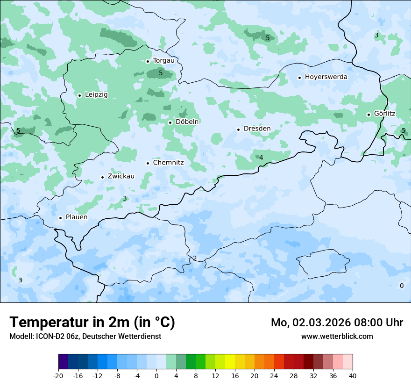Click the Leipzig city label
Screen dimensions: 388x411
point(96,95)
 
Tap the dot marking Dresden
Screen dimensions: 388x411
point(238,129)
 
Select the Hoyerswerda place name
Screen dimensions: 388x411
point(326,77)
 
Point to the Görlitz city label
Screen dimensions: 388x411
point(384,114)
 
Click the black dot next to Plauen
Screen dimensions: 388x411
point(60,218)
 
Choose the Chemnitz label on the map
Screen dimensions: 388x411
point(168,163)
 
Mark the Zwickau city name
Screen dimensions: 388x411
point(121,177)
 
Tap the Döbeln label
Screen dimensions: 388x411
point(187,122)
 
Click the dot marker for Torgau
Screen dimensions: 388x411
point(148,61)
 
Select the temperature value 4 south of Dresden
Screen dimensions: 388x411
point(261,158)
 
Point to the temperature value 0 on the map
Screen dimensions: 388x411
point(402,286)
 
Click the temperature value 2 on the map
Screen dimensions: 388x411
point(195,258)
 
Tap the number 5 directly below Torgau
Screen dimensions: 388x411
point(161,73)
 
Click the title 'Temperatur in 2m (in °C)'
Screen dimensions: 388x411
point(92,322)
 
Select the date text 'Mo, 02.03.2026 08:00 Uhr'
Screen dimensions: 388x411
point(337,323)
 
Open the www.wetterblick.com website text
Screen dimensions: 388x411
point(337,337)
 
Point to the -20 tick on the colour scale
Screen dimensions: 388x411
point(58,376)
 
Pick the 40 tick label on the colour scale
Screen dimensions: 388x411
point(352,376)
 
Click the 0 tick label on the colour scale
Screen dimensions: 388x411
point(156,376)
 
